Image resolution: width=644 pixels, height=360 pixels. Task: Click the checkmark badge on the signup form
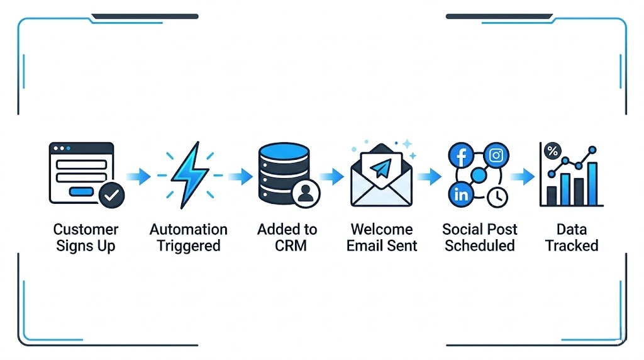click(x=112, y=196)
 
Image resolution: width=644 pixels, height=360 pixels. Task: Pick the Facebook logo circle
click(x=460, y=155)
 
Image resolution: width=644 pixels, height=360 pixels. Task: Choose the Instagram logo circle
click(x=496, y=155)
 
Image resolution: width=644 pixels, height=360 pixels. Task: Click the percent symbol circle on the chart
click(x=553, y=152)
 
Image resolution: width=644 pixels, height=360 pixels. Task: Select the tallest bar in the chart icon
click(x=592, y=183)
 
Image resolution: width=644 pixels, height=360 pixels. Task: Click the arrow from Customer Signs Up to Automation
click(x=138, y=176)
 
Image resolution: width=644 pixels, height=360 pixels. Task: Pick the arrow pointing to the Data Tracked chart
click(x=522, y=176)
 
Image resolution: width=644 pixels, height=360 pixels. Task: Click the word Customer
click(x=86, y=229)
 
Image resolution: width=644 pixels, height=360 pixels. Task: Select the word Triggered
click(x=189, y=245)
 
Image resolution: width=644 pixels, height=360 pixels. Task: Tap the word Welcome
click(x=382, y=229)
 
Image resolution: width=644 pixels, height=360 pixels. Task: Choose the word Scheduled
click(x=480, y=245)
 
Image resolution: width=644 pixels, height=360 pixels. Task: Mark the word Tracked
click(x=572, y=245)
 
